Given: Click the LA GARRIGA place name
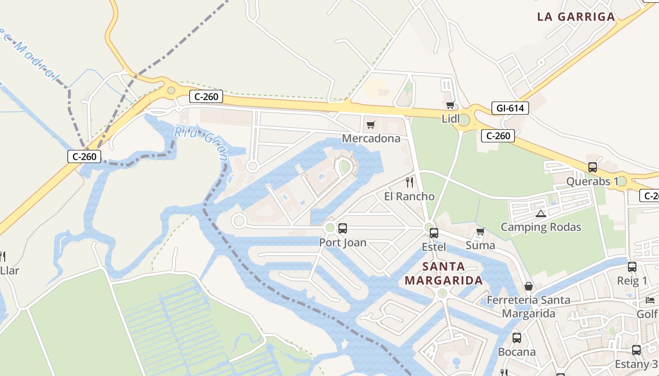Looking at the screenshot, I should click(576, 17).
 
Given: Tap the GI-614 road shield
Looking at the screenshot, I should click(510, 108).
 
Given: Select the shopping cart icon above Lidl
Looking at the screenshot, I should click(450, 105).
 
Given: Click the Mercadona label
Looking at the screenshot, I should click(371, 138).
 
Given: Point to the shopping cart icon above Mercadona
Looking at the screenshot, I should click(371, 125).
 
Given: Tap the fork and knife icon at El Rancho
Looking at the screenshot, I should click(410, 182).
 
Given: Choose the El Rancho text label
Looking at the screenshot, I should click(409, 196).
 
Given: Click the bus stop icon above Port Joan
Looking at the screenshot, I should click(343, 228).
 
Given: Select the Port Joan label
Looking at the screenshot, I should click(342, 243).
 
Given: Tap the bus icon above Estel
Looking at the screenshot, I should click(434, 233).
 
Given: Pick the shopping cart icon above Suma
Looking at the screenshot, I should click(480, 231).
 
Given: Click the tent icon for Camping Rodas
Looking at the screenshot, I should click(541, 214).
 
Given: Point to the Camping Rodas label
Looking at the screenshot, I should click(540, 227).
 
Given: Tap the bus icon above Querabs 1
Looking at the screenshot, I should click(592, 167).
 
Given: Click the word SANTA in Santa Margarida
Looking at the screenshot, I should click(443, 266).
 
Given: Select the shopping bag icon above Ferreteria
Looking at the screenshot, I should click(529, 286).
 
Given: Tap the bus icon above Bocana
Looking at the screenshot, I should click(516, 337).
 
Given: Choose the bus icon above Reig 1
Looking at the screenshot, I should click(632, 267).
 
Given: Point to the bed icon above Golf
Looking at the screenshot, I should click(650, 300).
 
